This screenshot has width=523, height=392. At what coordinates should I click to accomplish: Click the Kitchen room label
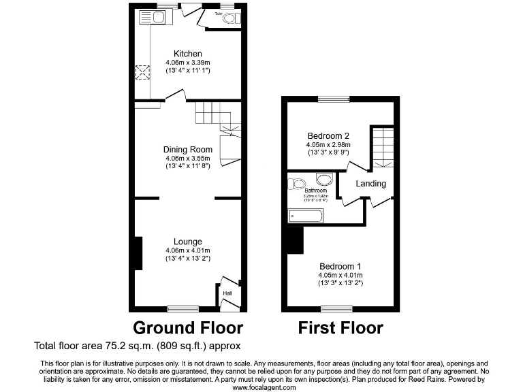coord(187,54)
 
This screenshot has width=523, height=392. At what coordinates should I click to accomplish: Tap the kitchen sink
coord(148,18)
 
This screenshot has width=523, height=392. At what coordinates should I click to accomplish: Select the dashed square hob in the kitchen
coord(143,73)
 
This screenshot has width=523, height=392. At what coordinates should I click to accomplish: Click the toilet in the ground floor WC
coord(228,19)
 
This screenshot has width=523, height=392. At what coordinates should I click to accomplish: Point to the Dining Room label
coord(187,150)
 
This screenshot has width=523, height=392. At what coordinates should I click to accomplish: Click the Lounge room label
coord(187,242)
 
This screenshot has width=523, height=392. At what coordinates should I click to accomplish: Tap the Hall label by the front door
coord(227,293)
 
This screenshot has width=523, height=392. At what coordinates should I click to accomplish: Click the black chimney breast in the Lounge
coord(138,252)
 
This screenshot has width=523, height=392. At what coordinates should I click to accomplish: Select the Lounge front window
coord(183,308)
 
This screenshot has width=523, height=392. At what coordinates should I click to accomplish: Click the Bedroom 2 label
coord(328,135)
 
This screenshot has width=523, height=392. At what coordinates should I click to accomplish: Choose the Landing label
coord(371,184)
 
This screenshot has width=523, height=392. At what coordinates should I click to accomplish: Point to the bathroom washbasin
coord(325,180)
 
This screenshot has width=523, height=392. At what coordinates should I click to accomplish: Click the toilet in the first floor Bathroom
coord(298,183)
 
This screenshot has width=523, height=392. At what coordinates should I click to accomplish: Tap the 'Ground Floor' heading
coord(187,328)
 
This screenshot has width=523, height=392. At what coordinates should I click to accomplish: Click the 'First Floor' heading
coord(340,328)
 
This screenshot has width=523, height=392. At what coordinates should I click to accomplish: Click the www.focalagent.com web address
coord(264,387)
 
